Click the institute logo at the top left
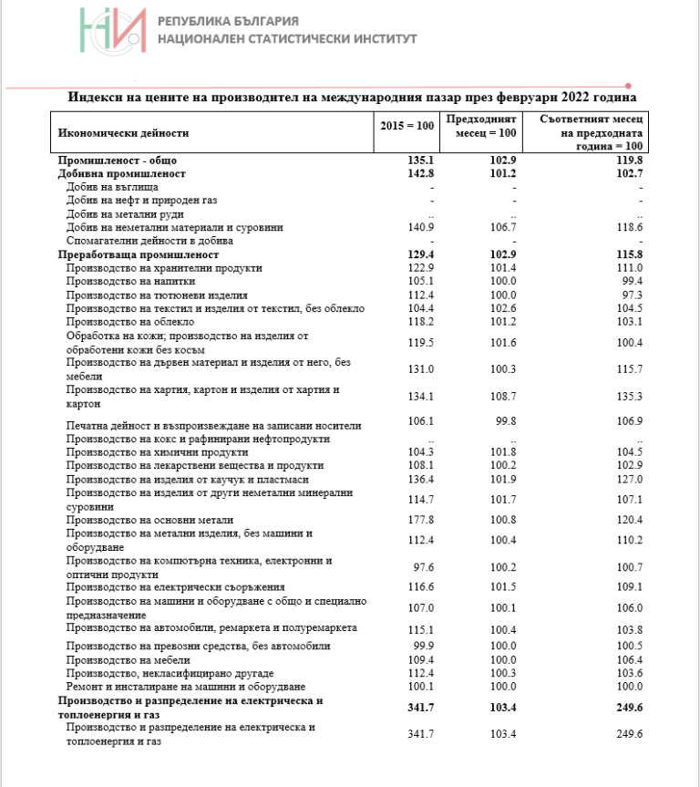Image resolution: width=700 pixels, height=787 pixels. coord(112,30)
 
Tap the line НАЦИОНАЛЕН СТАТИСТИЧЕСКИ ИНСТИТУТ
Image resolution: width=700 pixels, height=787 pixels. coord(287,39)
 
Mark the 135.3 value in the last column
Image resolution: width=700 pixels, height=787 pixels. coord(629,397)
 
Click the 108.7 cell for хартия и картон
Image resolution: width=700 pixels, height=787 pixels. coord(502,397)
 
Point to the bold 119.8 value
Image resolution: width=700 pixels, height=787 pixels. coord(628,161)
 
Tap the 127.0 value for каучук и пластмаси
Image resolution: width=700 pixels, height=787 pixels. coord(629,480)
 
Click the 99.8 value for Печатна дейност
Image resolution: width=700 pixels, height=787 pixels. coord(504,421)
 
